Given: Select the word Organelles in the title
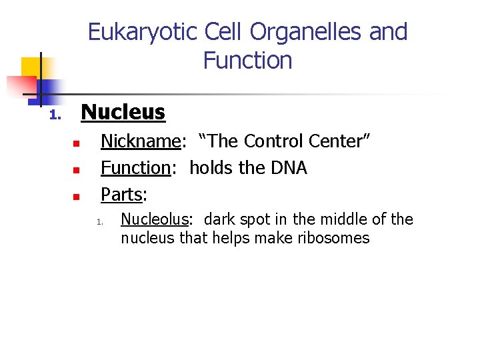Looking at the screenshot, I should pyautogui.click(x=307, y=32).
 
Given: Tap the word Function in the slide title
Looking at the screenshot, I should pyautogui.click(x=247, y=61).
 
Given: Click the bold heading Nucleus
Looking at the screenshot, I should pyautogui.click(x=123, y=112).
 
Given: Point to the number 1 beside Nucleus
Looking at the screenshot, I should pyautogui.click(x=54, y=116).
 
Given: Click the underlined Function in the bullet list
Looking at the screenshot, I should pyautogui.click(x=135, y=168).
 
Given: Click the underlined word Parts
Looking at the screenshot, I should pyautogui.click(x=122, y=195).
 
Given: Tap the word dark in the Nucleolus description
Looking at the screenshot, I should pyautogui.click(x=219, y=219).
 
